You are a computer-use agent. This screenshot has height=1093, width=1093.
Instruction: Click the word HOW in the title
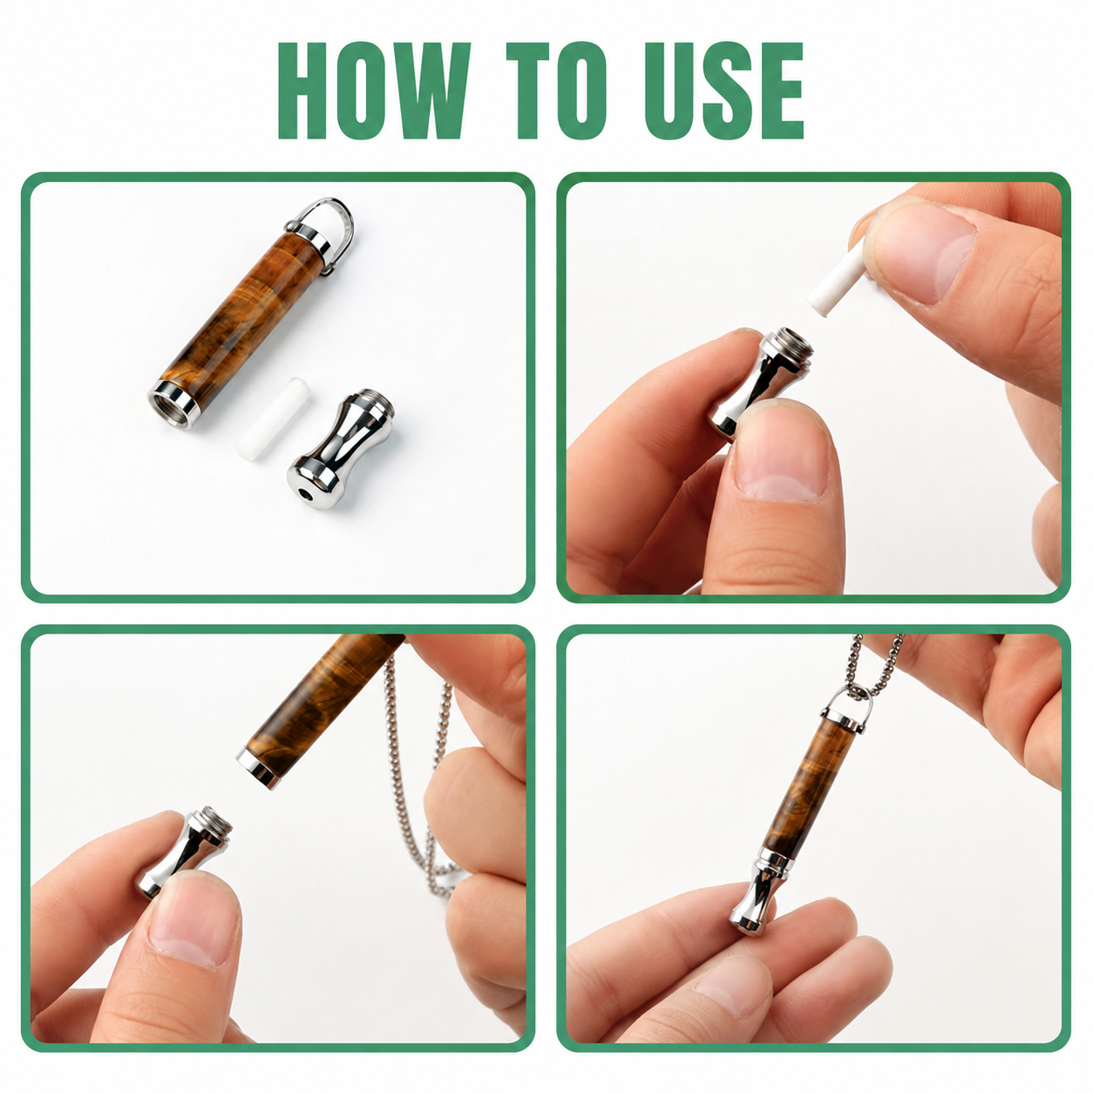[x=374, y=91]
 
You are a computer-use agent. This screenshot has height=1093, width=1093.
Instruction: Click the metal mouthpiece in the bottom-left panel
[x=184, y=851]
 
